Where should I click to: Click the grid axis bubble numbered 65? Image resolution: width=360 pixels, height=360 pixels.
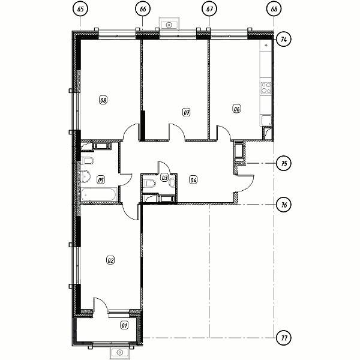click(80, 9)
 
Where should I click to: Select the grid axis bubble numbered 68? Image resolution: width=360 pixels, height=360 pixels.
click(274, 9)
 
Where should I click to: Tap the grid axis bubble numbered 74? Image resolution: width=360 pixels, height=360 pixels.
click(284, 40)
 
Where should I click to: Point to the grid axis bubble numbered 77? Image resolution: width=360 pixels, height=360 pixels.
click(284, 338)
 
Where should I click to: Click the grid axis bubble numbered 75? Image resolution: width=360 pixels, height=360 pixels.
click(284, 163)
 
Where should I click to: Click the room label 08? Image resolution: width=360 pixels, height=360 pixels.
click(103, 100)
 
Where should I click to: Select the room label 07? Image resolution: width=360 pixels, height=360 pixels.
click(187, 113)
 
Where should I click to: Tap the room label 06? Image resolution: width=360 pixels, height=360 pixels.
click(236, 109)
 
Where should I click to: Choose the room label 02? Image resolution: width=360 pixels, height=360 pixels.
click(110, 260)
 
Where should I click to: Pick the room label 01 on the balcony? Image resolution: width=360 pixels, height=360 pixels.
click(124, 325)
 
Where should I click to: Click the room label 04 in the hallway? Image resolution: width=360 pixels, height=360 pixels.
click(193, 180)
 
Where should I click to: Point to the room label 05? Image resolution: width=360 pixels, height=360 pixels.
click(101, 180)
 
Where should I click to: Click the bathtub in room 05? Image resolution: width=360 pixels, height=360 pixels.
click(99, 194)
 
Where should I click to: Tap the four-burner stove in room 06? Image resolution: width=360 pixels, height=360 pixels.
click(266, 88)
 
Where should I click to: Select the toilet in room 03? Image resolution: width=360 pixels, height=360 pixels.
click(150, 184)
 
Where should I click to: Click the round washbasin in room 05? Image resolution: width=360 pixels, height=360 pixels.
click(85, 176)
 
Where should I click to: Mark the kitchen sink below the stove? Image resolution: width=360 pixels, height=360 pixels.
click(266, 121)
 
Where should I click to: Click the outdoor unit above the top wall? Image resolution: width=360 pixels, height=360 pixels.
click(169, 24)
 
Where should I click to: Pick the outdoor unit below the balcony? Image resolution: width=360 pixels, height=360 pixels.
click(119, 352)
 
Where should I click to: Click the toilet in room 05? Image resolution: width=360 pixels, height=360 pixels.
click(87, 160)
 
